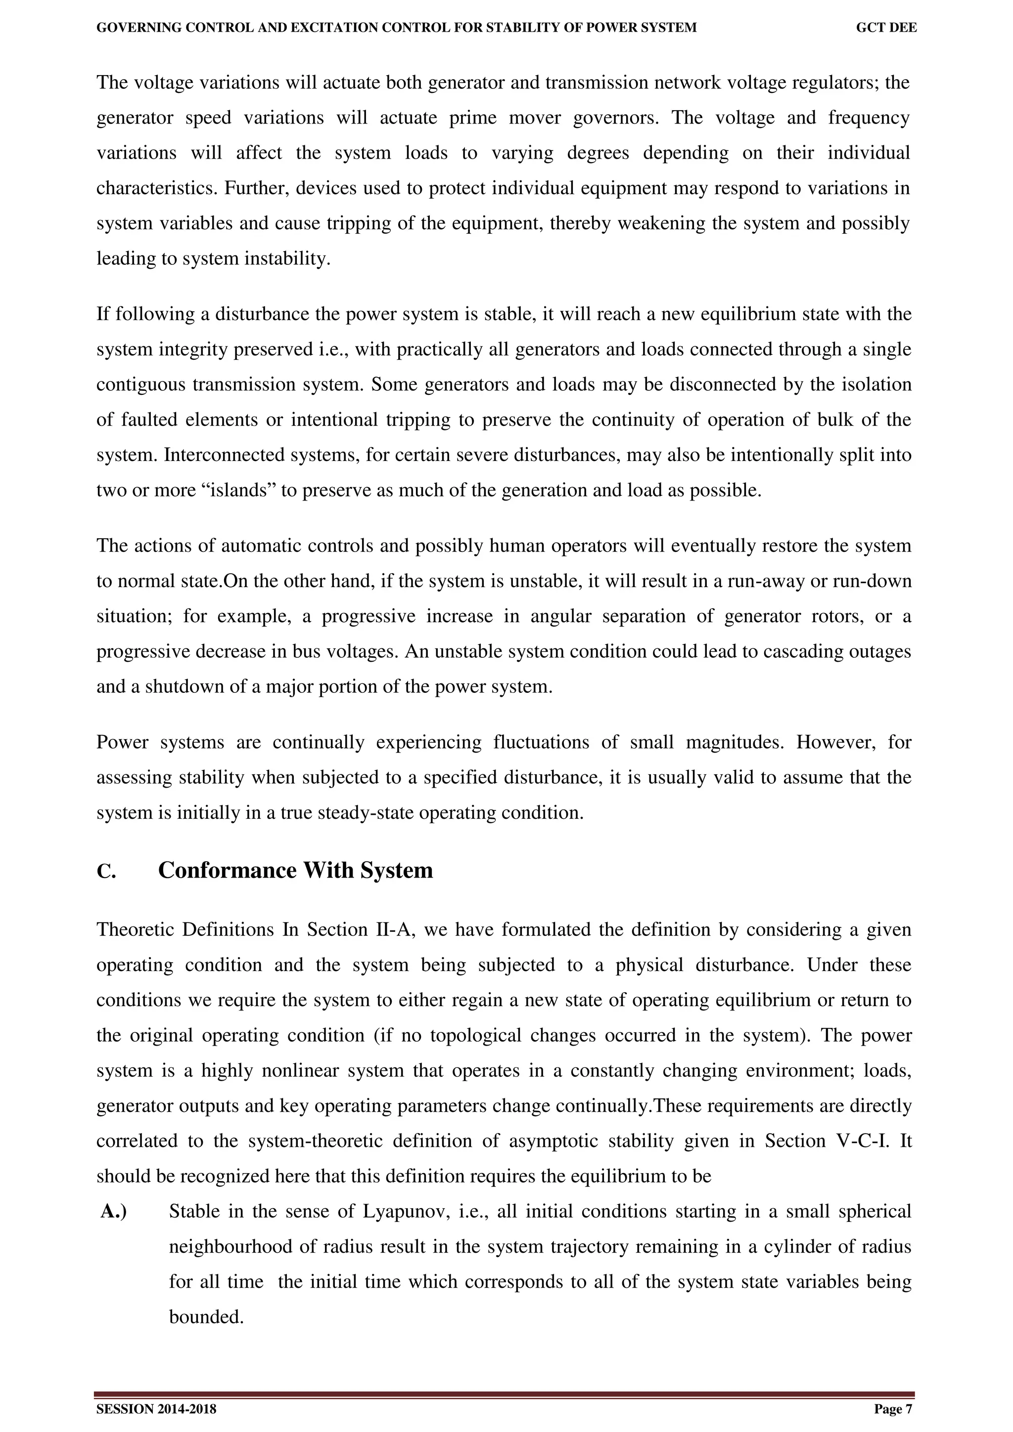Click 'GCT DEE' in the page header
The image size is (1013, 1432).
pyautogui.click(x=886, y=28)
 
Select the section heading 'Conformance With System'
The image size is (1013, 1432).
pyautogui.click(x=295, y=871)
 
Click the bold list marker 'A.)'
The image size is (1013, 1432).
pyautogui.click(x=114, y=1212)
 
